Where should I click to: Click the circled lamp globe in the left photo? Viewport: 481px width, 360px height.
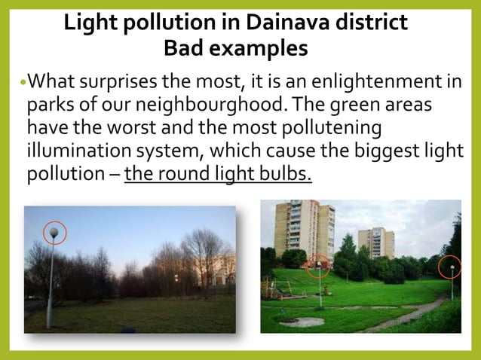[x=53, y=233]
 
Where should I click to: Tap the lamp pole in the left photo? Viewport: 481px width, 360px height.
[x=51, y=286]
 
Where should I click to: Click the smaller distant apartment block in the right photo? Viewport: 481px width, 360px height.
[x=377, y=243]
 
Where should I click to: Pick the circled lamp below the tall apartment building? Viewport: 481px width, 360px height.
[x=319, y=267]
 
